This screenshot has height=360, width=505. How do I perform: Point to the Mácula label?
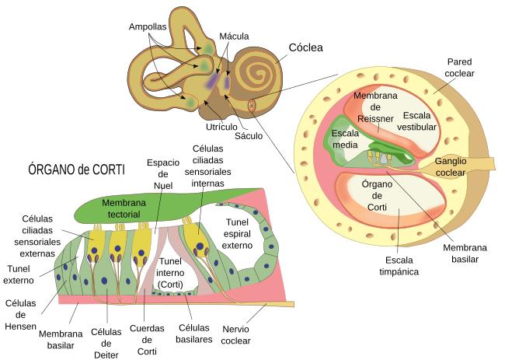coord(235,37)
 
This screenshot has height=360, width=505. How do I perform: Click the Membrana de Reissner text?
coord(377,107)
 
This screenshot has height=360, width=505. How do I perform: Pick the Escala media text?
coord(346,138)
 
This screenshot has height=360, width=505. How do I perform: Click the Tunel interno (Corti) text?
coord(169,274)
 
